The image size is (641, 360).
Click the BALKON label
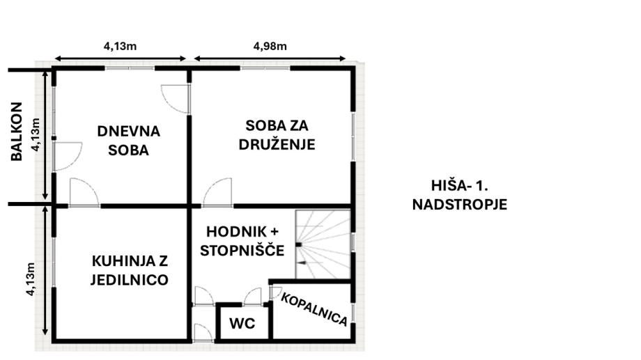coord(16,132)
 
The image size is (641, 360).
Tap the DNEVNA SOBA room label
coord(128,141)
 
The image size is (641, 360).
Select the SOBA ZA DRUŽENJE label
coord(277,135)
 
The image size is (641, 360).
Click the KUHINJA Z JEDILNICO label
coord(129,270)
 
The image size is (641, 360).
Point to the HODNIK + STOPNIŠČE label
coord(242,241)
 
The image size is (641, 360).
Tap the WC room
coord(242,323)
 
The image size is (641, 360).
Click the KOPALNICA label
coord(314,309)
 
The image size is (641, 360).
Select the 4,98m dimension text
coord(270,46)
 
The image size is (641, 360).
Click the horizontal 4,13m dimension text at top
coord(120,46)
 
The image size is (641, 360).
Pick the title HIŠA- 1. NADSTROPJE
coord(459,195)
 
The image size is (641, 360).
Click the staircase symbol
coord(323,244)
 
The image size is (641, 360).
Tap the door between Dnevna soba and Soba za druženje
coord(176,99)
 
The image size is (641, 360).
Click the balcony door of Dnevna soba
coord(68,156)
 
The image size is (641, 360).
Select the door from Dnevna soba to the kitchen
coord(84,192)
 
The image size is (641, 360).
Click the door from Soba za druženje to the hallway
coord(217,192)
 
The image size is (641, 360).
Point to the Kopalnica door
coord(275,292)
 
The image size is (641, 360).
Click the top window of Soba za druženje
coord(265,68)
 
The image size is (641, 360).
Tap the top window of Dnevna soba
coord(130,68)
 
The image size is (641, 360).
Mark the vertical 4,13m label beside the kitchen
coord(31,279)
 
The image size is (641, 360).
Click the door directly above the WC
coord(253,297)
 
